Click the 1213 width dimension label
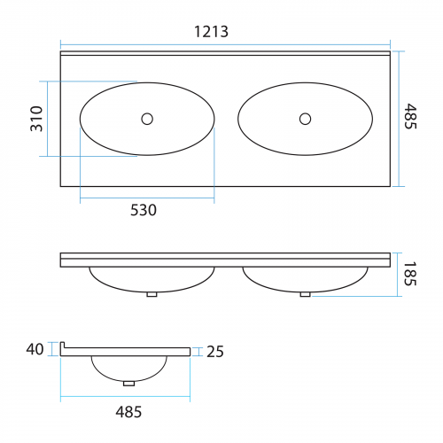[211, 32]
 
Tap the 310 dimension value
[37, 119]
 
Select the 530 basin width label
[144, 210]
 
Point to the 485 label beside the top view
[410, 116]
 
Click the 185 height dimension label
[410, 274]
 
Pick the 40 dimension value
[35, 349]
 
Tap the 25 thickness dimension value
[215, 352]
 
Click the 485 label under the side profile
[128, 412]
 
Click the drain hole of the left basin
[147, 119]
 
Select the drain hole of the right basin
[305, 119]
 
